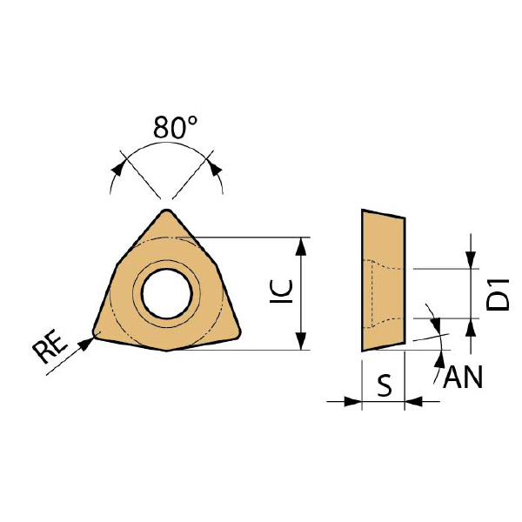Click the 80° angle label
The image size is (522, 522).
(x=175, y=127)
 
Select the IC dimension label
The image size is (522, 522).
(x=281, y=291)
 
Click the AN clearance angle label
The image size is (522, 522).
(x=463, y=378)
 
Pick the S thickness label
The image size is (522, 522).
(x=385, y=385)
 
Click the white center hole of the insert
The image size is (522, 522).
(x=166, y=294)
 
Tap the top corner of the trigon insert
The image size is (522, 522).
(x=166, y=210)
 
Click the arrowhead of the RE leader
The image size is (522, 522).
(x=88, y=343)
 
